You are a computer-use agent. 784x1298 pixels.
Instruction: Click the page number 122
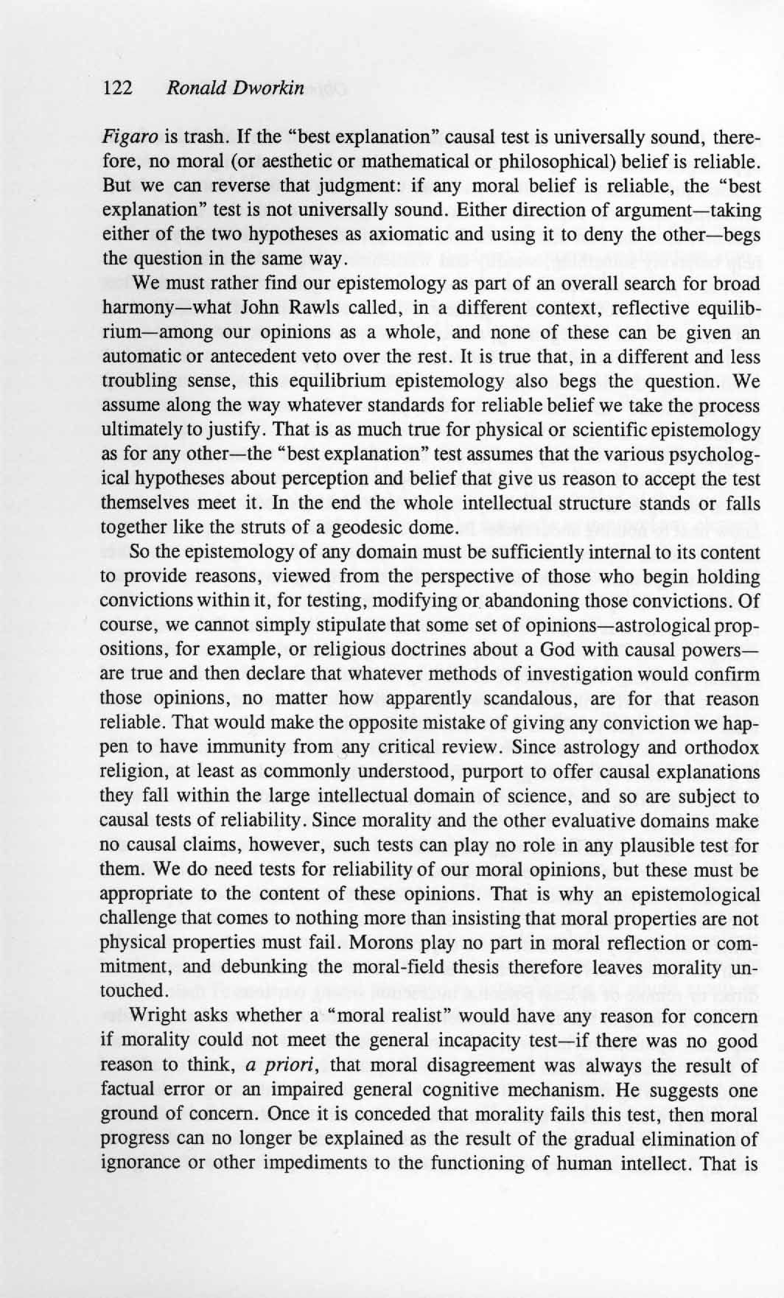pyautogui.click(x=117, y=88)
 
